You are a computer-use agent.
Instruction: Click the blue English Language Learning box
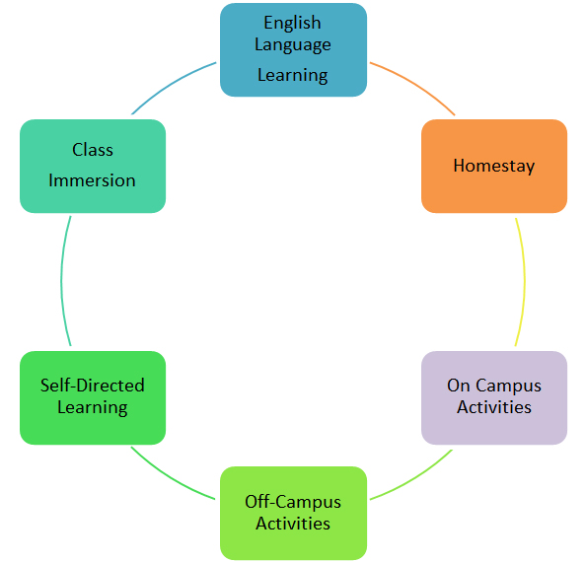(293, 49)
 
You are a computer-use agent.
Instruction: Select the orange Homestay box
(494, 167)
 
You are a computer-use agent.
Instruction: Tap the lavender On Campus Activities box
(494, 397)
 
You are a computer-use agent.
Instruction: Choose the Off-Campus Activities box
(293, 514)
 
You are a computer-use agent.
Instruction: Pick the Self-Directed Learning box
(93, 397)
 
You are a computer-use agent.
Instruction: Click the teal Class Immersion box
(93, 167)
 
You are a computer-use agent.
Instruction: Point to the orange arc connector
(415, 85)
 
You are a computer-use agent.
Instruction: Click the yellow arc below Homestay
(524, 282)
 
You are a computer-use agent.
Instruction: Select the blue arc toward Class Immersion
(172, 85)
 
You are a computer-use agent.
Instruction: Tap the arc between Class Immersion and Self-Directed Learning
(62, 281)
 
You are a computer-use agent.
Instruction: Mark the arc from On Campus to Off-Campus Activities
(414, 478)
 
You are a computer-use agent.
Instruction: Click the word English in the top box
(292, 23)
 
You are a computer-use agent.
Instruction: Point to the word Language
(293, 45)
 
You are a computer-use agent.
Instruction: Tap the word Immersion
(92, 180)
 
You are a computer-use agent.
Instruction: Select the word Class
(93, 150)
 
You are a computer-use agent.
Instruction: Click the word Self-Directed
(93, 386)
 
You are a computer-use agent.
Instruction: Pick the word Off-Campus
(293, 503)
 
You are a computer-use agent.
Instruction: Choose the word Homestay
(494, 167)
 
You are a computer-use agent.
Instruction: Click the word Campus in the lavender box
(508, 387)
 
